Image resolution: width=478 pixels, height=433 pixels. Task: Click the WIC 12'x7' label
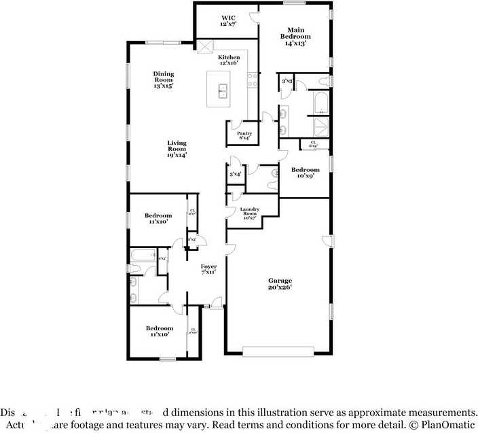coord(227,20)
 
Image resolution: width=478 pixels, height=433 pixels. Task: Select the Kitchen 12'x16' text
coord(228,60)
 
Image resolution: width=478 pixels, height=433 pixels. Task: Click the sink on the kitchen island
coord(222,91)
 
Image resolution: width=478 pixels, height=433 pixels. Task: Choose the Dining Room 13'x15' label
coord(163,80)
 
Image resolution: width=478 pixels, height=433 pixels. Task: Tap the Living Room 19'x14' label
coord(177,149)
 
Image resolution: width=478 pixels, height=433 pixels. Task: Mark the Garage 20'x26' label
coord(280,283)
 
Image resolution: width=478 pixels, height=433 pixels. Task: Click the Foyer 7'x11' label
coord(208,269)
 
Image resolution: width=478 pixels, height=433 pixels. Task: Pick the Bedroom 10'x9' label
coord(305,173)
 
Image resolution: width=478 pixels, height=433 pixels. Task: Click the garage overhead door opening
coord(278,352)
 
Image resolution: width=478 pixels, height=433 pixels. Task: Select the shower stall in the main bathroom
coord(320,127)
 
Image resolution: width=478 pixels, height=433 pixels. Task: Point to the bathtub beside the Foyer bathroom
coord(142,257)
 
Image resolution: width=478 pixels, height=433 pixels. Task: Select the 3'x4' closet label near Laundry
coord(236,175)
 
